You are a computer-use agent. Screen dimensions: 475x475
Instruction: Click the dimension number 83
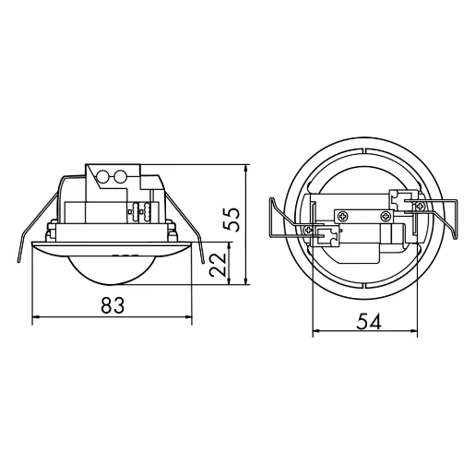[x=112, y=304]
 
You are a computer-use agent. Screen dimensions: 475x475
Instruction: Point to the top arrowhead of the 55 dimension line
[x=246, y=170]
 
